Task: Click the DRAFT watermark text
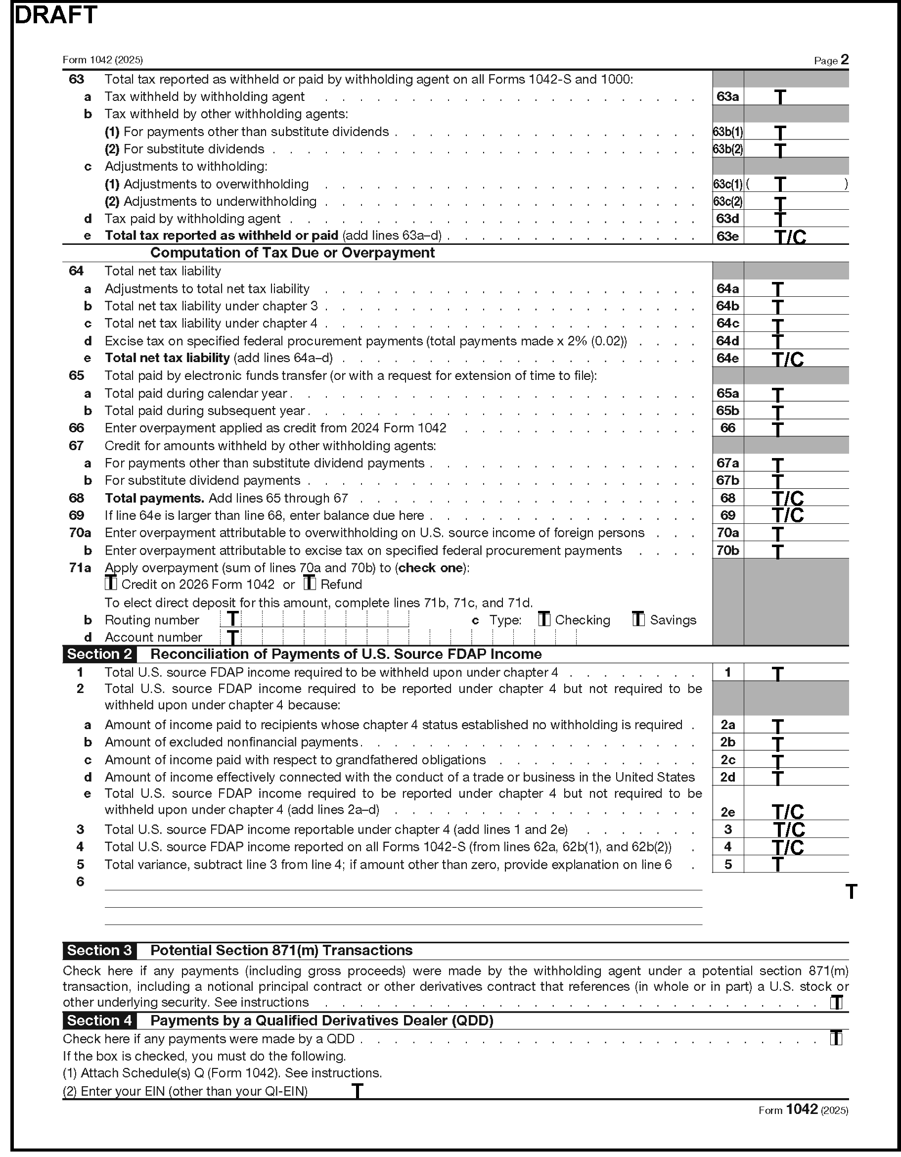[55, 15]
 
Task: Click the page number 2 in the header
[844, 59]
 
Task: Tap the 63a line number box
[728, 96]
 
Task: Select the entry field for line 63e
[796, 236]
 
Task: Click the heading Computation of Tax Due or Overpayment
[292, 253]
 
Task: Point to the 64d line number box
[728, 341]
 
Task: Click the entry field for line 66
[796, 428]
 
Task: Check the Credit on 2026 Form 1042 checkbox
[111, 584]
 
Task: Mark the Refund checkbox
[310, 584]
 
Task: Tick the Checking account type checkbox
[544, 619]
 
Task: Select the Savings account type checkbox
[638, 619]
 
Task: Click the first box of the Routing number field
[231, 619]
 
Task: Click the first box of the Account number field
[231, 637]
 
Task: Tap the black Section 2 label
[99, 654]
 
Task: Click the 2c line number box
[728, 760]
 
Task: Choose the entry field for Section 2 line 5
[796, 865]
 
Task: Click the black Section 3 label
[99, 950]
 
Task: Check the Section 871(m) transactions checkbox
[836, 1002]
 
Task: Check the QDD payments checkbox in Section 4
[836, 1038]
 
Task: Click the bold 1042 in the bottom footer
[802, 1110]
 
